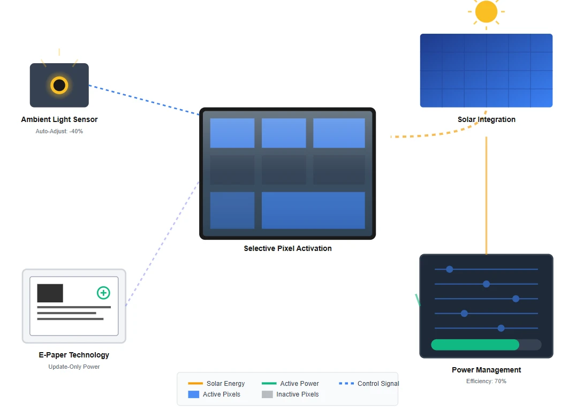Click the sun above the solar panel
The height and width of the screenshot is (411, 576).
point(486,11)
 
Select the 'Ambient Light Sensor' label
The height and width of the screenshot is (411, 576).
point(59,119)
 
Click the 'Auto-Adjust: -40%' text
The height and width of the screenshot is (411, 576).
point(59,131)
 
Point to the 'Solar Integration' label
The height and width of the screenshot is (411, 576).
point(487,119)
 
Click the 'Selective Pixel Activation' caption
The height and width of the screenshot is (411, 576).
point(287,248)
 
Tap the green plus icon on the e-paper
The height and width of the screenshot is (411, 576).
point(103,293)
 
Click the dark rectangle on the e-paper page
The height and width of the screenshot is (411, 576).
point(50,293)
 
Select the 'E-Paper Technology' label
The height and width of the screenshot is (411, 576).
point(74,355)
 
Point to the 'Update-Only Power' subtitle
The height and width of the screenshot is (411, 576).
point(74,367)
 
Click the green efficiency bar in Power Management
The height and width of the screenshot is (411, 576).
point(475,345)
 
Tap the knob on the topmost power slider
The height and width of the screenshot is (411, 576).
point(449,269)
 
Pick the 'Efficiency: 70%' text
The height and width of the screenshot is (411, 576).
point(487,381)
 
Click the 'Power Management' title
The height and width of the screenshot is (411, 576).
point(487,370)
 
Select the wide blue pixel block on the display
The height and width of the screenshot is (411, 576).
point(313,210)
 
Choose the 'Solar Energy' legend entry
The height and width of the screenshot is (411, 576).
point(216,384)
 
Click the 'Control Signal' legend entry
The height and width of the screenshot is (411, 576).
point(369,384)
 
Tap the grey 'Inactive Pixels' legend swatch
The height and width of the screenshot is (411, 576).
point(267,394)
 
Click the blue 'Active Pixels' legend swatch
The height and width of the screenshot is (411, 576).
point(193,394)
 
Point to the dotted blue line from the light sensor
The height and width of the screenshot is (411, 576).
point(144,100)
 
